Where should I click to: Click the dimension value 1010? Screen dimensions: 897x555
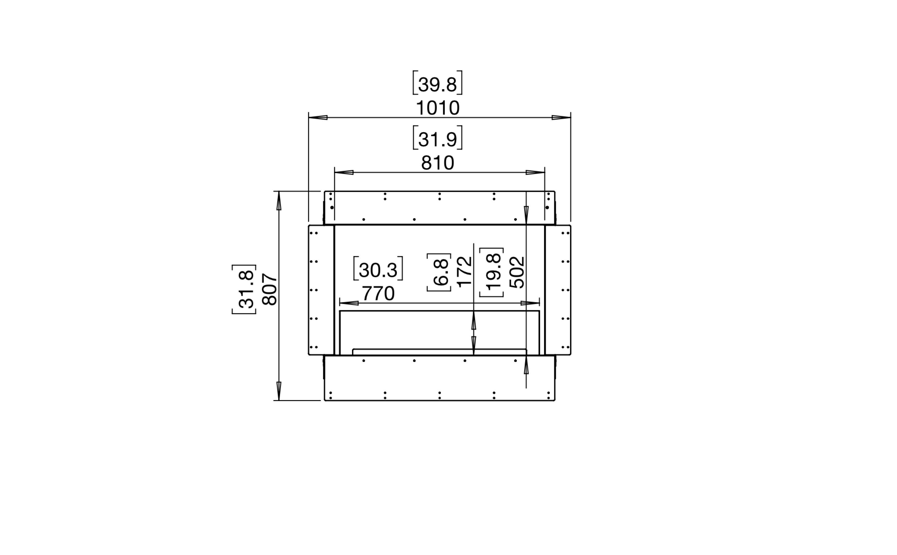coord(438,108)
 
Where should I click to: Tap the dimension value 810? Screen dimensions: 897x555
coord(438,163)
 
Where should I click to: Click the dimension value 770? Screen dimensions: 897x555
coord(378,294)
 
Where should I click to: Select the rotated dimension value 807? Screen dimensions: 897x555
coord(270,289)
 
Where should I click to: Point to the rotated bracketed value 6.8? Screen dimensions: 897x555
coord(439,272)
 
